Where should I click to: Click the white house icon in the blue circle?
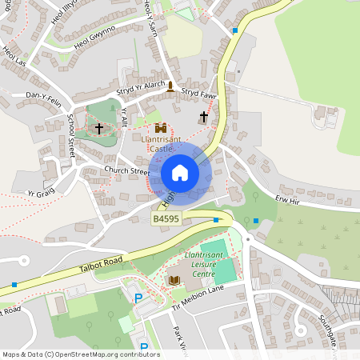click(x=179, y=173)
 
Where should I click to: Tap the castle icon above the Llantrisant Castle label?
click(x=161, y=128)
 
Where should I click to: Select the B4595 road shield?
click(x=166, y=218)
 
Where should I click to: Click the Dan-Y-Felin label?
click(x=45, y=95)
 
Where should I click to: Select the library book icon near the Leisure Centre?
click(x=174, y=280)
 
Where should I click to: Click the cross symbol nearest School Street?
click(x=99, y=128)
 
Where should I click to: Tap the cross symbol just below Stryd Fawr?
click(x=203, y=117)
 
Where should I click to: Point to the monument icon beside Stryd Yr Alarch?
click(x=170, y=85)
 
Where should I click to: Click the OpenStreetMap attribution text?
click(x=80, y=354)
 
